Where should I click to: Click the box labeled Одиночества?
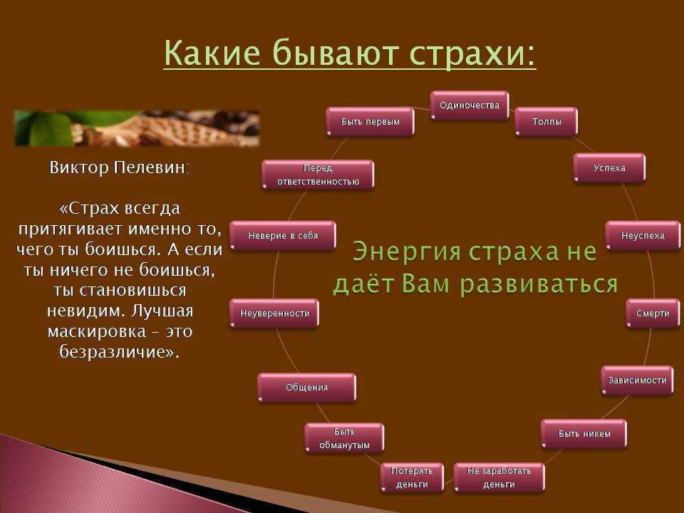(x=470, y=105)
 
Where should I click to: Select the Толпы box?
(x=546, y=122)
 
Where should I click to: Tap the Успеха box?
(x=609, y=167)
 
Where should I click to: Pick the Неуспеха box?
(x=643, y=236)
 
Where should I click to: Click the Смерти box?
(x=653, y=313)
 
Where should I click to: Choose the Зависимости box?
(x=637, y=380)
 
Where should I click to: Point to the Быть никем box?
(x=584, y=434)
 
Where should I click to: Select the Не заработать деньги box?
(x=499, y=477)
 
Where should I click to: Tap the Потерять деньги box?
(x=412, y=477)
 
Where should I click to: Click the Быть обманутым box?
(x=344, y=438)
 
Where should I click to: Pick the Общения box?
(x=306, y=388)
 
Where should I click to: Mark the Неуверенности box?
(x=274, y=313)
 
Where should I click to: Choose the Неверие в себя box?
(x=283, y=236)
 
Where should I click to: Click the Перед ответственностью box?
(x=318, y=175)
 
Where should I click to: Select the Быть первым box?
(x=370, y=122)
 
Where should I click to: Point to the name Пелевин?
(x=152, y=167)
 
